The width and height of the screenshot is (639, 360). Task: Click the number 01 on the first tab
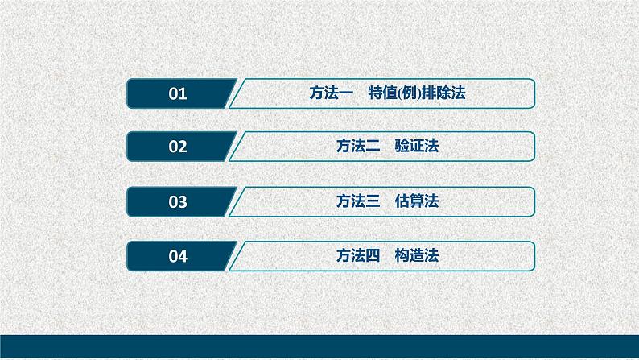(x=178, y=93)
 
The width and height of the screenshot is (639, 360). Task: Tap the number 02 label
(x=178, y=147)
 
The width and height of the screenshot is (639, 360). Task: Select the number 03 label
(x=178, y=202)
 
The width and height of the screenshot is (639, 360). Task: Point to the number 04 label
(x=178, y=257)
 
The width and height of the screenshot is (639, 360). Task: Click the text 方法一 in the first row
(x=328, y=93)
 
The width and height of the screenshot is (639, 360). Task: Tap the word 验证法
(x=417, y=147)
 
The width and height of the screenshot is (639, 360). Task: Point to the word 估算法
(x=417, y=202)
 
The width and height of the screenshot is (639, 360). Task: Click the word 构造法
(x=417, y=257)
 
